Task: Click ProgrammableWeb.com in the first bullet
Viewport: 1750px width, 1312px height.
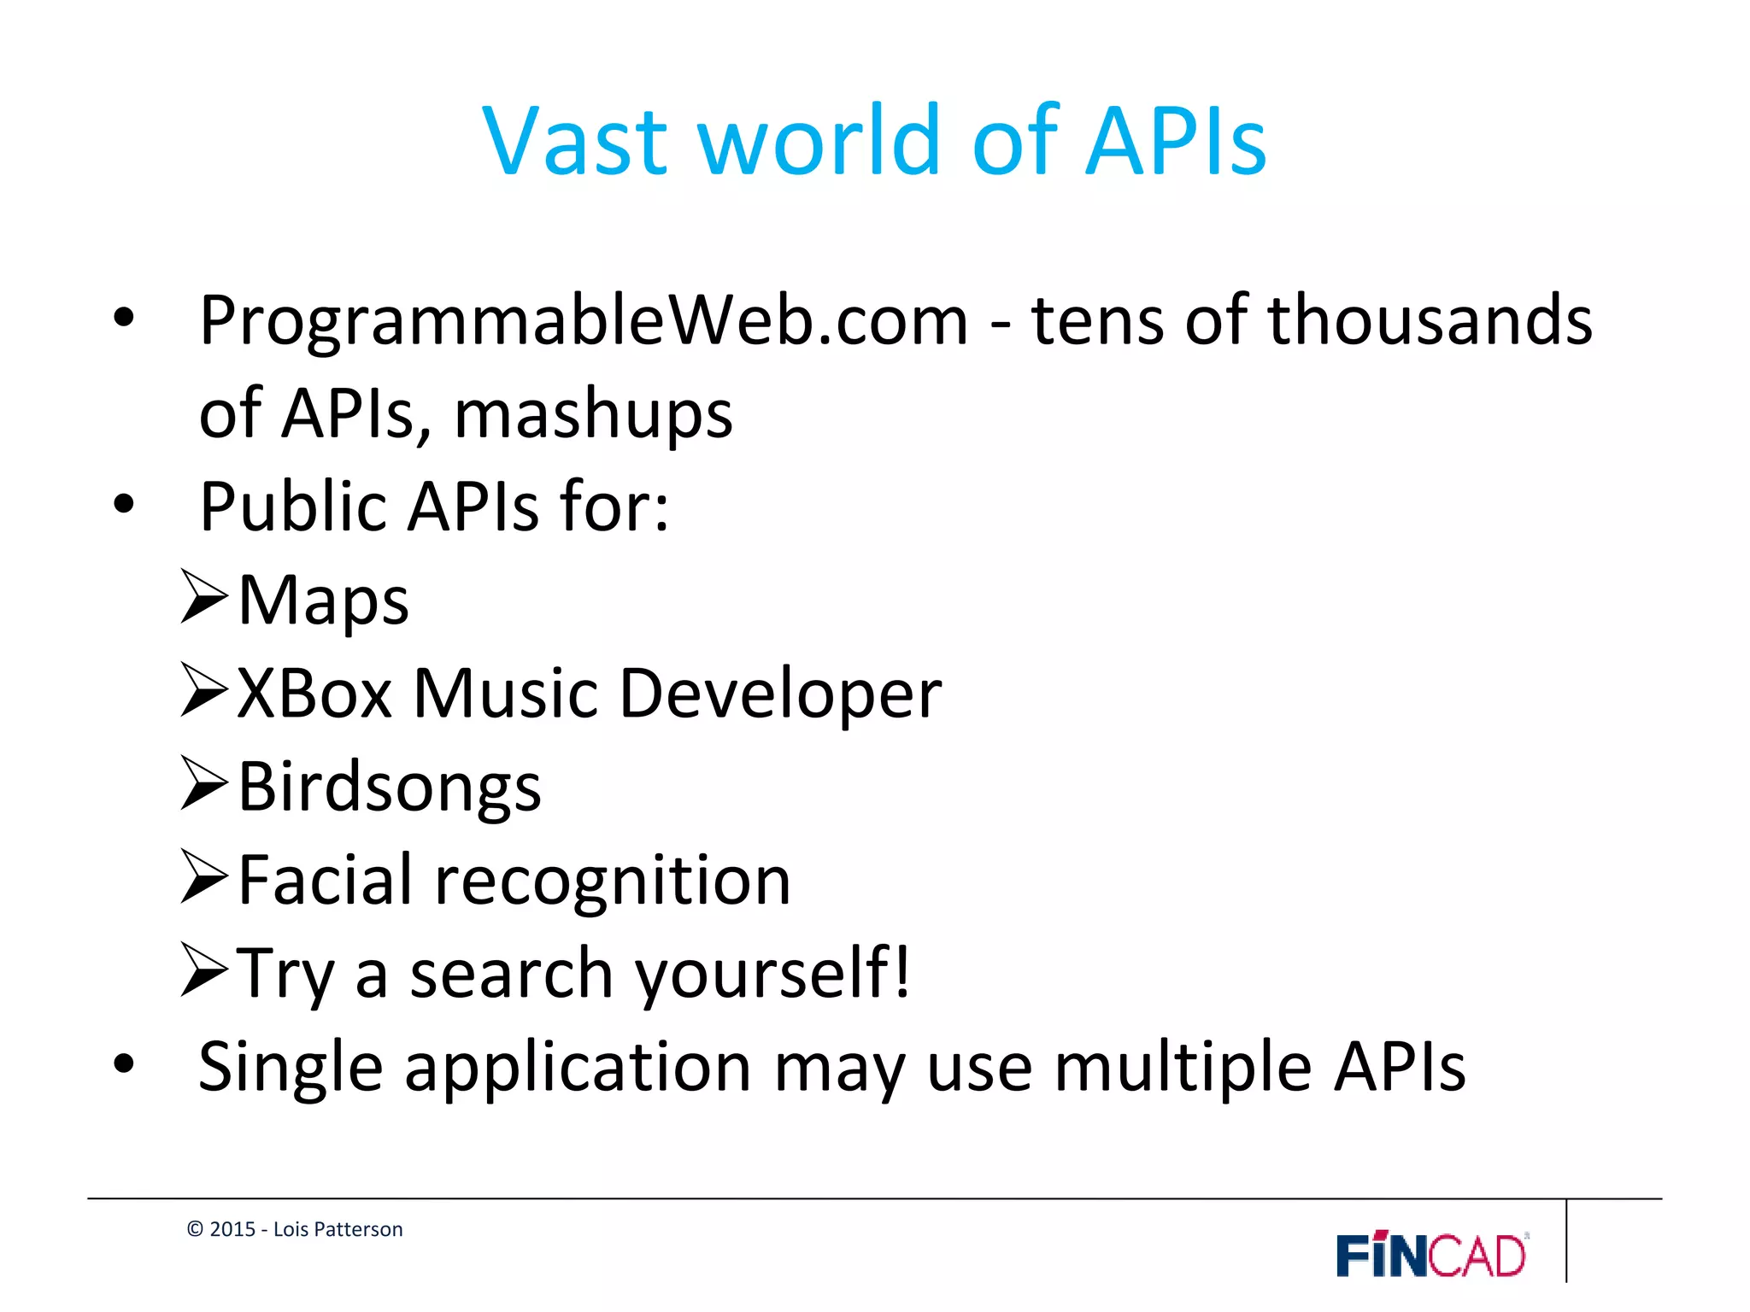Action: click(x=584, y=321)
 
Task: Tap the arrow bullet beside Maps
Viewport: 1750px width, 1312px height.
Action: click(x=204, y=597)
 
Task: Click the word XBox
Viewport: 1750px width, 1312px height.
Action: click(x=314, y=694)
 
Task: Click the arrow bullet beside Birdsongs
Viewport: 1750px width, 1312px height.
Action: click(x=204, y=783)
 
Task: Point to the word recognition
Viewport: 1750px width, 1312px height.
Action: click(x=613, y=882)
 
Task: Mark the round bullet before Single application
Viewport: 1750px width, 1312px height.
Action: click(x=124, y=1064)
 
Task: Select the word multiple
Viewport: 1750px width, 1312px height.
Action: click(x=1183, y=1068)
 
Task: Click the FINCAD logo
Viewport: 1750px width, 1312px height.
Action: click(x=1432, y=1255)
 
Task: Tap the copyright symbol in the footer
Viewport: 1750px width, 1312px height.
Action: click(x=195, y=1229)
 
